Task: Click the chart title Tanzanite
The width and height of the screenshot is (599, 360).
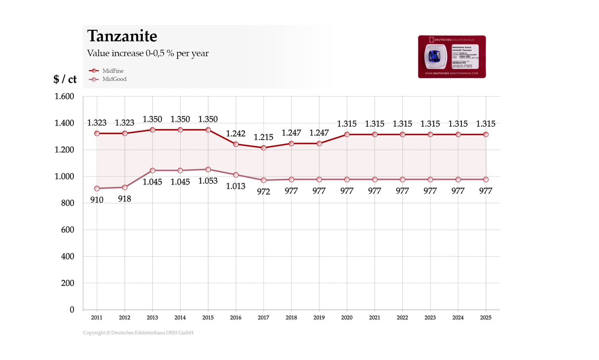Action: (x=122, y=36)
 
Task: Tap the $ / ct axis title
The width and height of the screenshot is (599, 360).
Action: (x=65, y=79)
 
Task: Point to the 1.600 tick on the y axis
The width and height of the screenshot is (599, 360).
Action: (x=64, y=96)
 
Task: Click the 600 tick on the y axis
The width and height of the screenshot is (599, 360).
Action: (x=67, y=230)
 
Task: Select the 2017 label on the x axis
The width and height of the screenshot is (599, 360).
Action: (x=263, y=317)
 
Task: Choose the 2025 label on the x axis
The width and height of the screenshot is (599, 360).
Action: (x=486, y=317)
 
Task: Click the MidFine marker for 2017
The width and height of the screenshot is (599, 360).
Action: (x=263, y=148)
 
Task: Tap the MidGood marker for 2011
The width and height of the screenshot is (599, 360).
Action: (x=97, y=188)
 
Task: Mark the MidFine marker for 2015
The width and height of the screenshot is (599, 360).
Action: (x=208, y=130)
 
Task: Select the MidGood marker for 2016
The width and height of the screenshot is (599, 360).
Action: (x=236, y=175)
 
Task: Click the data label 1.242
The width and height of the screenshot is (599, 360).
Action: (x=236, y=134)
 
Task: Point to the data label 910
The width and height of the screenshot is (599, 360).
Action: (x=97, y=200)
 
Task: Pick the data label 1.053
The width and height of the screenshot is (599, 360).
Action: (x=208, y=181)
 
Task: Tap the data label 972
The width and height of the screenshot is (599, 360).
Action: (x=263, y=192)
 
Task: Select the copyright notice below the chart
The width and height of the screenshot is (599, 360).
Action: (x=138, y=333)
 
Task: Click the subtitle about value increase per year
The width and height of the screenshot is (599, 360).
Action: (x=148, y=53)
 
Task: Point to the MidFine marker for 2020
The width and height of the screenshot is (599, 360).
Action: (x=347, y=134)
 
